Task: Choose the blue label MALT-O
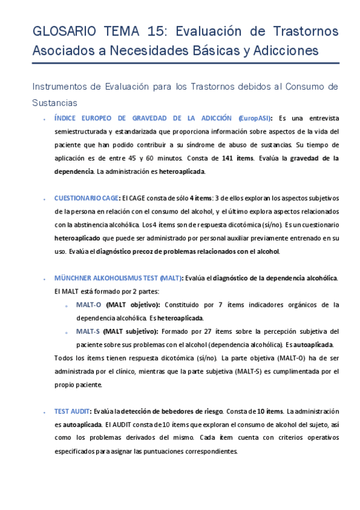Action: coord(88,304)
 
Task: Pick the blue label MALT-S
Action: coord(88,331)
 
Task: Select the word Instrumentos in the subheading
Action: coord(59,87)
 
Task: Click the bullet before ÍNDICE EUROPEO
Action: coord(46,118)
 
